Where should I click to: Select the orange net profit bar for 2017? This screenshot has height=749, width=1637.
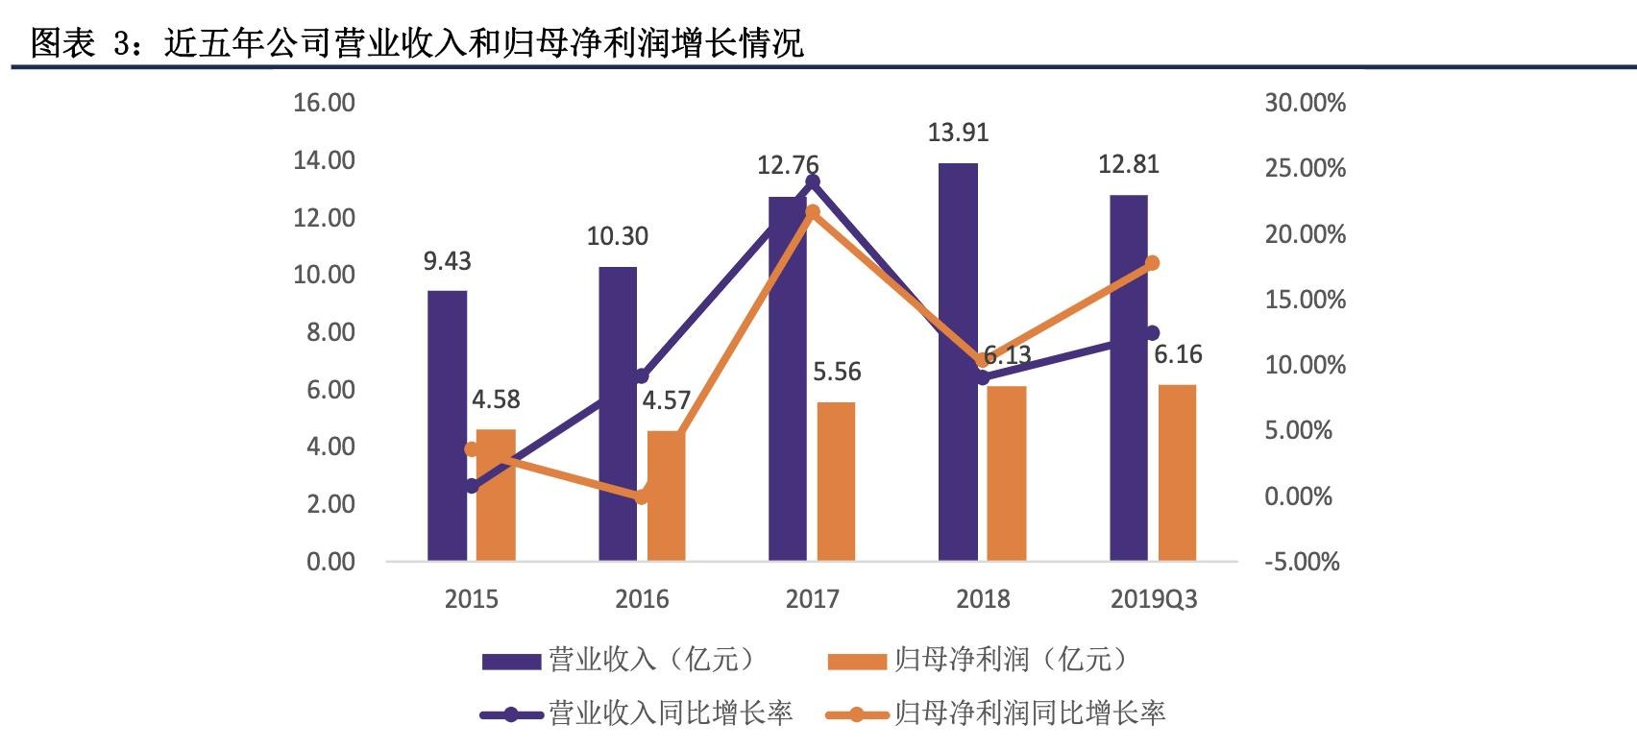click(x=836, y=481)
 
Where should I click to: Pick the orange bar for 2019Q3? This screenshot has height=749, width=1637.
click(x=1177, y=472)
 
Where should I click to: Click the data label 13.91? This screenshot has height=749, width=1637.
click(x=958, y=133)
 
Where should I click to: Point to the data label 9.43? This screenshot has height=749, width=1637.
click(x=448, y=261)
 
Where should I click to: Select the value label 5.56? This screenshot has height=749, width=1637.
click(x=837, y=372)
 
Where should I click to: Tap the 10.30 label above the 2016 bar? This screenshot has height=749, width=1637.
click(x=618, y=236)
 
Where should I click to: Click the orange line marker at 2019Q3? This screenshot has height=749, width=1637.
click(x=1153, y=263)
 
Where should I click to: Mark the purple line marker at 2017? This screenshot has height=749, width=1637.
click(x=813, y=181)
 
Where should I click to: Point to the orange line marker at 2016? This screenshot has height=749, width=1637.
click(x=642, y=496)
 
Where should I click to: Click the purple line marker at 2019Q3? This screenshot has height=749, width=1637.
click(x=1153, y=333)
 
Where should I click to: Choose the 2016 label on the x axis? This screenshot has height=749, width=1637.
click(x=642, y=599)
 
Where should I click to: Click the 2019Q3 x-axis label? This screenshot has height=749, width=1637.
click(x=1154, y=599)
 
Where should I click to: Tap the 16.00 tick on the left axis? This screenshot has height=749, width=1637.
click(x=324, y=103)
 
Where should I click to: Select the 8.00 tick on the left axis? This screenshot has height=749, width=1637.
click(x=328, y=332)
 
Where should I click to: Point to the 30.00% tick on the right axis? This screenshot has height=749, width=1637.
click(x=1305, y=103)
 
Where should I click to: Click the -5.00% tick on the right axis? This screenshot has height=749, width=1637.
click(x=1302, y=562)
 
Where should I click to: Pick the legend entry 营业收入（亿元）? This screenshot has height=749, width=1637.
click(x=620, y=660)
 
